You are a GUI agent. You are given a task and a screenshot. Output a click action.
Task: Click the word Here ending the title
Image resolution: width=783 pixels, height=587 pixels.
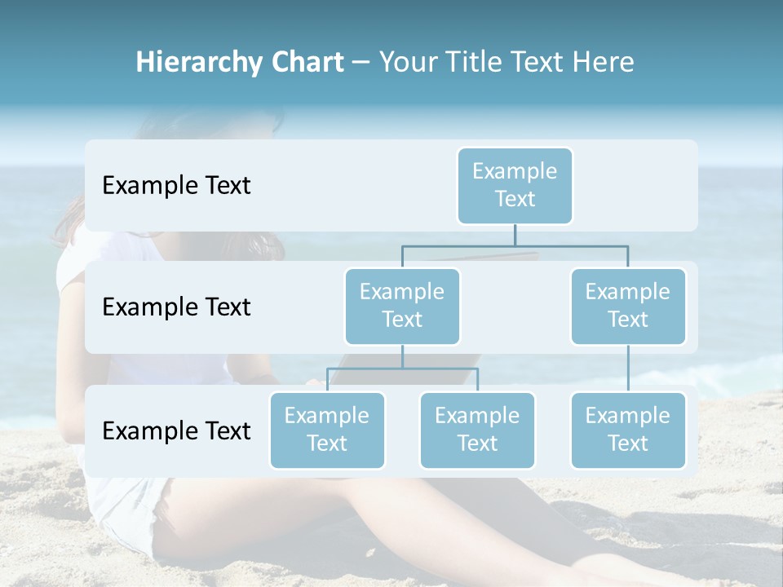[x=603, y=63]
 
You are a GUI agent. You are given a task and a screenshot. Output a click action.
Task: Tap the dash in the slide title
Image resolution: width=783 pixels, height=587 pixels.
[x=361, y=63]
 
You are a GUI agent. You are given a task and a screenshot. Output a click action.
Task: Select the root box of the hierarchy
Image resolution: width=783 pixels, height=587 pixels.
[x=515, y=185]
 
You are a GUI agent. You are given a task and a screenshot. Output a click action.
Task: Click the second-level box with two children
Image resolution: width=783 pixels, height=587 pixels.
[x=402, y=306]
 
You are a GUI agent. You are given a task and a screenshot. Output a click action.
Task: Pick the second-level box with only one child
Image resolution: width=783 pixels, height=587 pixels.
[x=628, y=306]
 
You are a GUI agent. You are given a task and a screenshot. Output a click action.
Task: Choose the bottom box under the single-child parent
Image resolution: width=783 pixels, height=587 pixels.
[x=628, y=430]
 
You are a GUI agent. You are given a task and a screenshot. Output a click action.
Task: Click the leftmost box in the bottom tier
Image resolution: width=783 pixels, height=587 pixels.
[x=327, y=430]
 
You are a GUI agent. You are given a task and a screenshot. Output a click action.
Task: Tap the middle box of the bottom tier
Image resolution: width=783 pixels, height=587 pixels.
[x=477, y=430]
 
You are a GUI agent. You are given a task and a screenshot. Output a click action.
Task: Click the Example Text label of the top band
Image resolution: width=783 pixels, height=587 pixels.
[x=176, y=186]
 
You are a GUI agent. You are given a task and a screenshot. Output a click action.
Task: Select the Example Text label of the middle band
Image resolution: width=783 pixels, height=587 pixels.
[x=176, y=307]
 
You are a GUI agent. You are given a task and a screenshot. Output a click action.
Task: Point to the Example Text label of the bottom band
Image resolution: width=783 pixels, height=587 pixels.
[x=176, y=431]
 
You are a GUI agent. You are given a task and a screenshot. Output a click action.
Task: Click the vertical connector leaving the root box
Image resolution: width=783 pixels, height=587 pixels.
[x=515, y=235]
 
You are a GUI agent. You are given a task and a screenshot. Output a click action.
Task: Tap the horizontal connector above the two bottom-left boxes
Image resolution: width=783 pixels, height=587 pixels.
[x=402, y=369]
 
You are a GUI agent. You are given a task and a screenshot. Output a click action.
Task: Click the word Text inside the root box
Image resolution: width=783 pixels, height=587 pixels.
[x=515, y=199]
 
